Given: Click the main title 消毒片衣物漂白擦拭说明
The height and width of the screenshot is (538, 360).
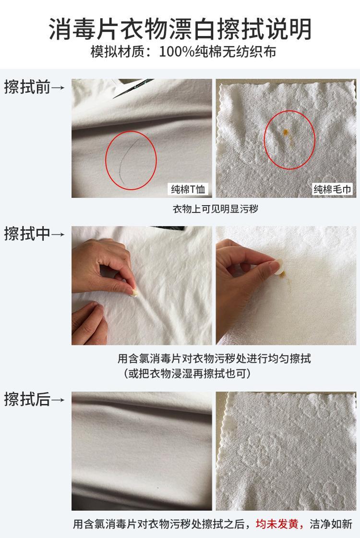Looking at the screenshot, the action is [180, 29].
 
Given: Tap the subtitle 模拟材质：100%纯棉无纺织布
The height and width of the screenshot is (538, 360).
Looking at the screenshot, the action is [183, 52].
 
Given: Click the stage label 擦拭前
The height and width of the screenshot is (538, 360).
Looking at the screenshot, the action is [27, 86].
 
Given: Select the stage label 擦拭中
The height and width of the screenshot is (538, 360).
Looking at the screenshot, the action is [27, 233].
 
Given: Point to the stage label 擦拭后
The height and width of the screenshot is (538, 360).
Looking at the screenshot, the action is [27, 399].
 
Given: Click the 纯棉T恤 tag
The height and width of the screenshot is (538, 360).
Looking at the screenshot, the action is [188, 189].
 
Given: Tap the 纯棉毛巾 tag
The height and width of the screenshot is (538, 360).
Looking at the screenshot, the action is [332, 189].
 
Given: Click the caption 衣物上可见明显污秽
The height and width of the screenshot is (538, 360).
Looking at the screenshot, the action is [216, 209].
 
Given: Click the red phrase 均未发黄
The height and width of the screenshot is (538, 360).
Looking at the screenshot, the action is [277, 524].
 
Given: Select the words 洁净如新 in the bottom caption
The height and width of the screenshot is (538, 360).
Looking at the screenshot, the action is [331, 524].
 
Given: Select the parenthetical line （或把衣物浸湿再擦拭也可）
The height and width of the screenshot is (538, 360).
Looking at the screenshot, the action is [187, 373].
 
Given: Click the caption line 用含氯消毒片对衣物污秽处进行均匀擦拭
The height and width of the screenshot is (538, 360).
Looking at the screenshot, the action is [214, 359].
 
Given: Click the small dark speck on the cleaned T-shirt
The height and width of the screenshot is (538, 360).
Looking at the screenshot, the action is [158, 487].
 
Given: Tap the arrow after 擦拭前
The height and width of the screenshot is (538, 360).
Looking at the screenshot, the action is [58, 87].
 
